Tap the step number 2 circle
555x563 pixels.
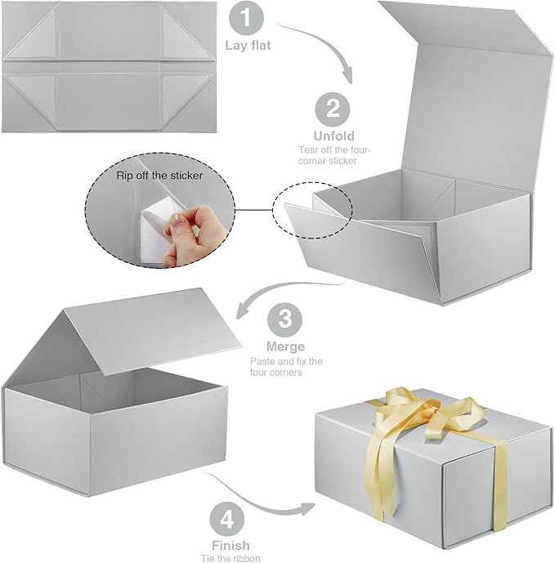[332, 109]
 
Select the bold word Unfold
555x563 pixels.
[333, 135]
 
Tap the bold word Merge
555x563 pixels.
[284, 346]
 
